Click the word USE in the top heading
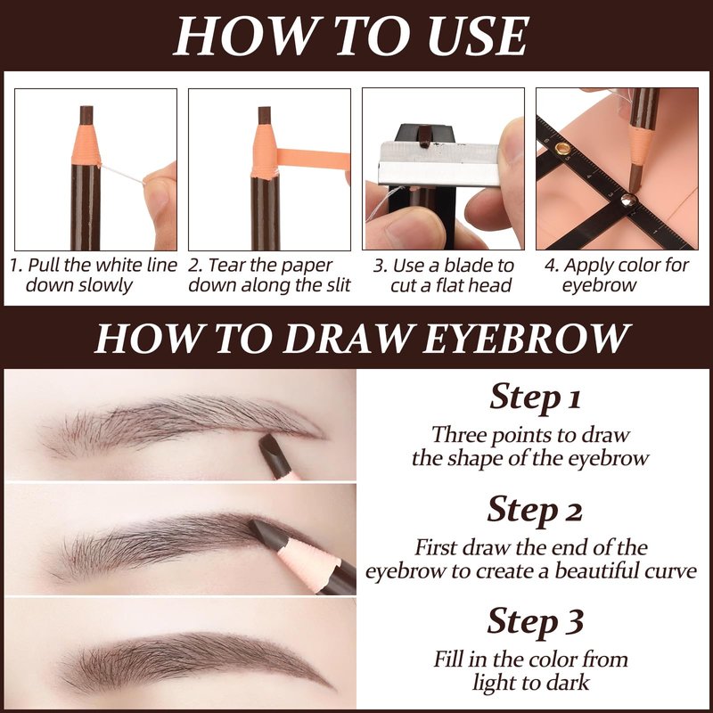(x=478, y=37)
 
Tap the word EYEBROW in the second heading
(x=525, y=339)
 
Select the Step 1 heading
(x=535, y=397)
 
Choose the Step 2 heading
(x=535, y=510)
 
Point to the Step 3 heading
(x=536, y=621)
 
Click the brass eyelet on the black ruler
(x=562, y=148)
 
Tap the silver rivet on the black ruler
(x=628, y=199)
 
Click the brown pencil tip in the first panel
(x=86, y=116)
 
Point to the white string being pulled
(x=122, y=174)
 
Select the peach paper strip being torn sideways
(x=313, y=158)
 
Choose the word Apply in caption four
(x=584, y=266)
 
